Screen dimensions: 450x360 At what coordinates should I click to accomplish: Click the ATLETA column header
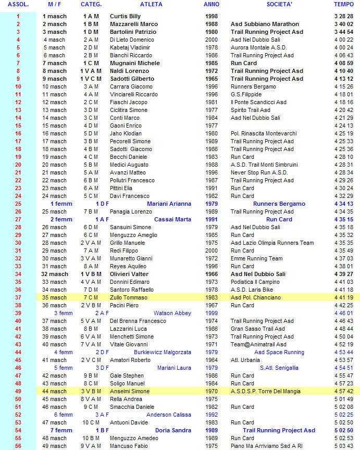(x=151, y=4)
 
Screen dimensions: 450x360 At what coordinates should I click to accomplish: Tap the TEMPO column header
(x=343, y=4)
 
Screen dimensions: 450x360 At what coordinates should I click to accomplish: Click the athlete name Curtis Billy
(x=125, y=16)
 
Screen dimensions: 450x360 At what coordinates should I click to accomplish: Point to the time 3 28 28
(x=344, y=16)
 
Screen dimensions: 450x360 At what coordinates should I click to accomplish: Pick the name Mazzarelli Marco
(x=134, y=24)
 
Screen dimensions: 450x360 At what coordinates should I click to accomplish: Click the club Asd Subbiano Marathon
(x=265, y=24)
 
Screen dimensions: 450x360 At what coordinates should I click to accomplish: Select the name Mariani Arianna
(x=169, y=204)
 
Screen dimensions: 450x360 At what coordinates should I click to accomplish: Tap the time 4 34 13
(x=344, y=204)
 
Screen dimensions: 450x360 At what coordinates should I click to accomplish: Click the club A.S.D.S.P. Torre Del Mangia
(x=266, y=391)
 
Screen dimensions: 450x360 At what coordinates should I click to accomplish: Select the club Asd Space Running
(x=279, y=352)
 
